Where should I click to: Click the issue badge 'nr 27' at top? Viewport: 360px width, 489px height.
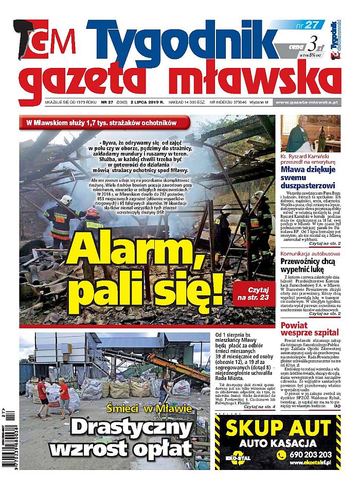tap(311, 25)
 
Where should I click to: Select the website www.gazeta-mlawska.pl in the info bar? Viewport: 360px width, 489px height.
tap(307, 102)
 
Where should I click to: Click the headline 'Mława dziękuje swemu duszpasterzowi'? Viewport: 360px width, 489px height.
tap(309, 177)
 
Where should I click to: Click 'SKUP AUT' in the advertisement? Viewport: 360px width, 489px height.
tap(278, 428)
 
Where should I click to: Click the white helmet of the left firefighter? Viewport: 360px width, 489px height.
tap(65, 199)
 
